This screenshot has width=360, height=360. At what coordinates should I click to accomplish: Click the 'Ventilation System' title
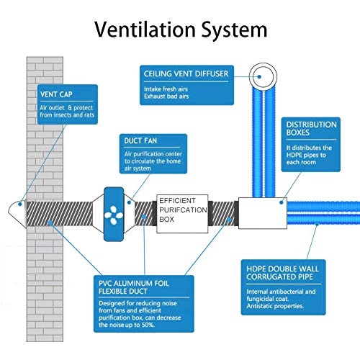coord(181,30)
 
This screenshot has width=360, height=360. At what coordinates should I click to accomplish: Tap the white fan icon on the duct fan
coord(114,215)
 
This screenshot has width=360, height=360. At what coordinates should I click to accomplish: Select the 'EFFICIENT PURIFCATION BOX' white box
coord(182,214)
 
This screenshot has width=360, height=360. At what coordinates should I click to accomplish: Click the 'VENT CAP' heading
coord(56,94)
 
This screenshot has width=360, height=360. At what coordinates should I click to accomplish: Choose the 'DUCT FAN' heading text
coord(140,140)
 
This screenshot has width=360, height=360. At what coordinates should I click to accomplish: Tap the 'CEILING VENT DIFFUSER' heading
coord(186,73)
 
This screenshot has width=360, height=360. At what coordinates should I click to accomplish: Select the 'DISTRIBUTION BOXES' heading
coord(311,128)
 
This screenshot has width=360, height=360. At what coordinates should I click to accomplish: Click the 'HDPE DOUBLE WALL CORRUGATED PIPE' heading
coord(282,273)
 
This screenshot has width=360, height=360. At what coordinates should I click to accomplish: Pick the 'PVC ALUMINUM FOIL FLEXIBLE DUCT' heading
coord(134,287)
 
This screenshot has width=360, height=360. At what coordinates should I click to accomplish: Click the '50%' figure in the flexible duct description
coord(148,325)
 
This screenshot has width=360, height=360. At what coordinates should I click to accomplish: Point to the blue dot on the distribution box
coord(282,202)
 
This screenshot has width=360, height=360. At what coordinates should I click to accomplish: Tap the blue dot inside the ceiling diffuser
coord(259,77)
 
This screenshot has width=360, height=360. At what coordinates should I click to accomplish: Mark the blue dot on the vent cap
coord(20,204)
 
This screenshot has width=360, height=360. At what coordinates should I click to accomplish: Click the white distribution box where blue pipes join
coord(263,213)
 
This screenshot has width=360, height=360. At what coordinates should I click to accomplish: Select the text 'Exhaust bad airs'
coord(166,96)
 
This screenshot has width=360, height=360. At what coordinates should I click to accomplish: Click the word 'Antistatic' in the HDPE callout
coord(259,306)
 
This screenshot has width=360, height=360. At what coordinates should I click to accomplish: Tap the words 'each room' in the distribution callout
coord(301,162)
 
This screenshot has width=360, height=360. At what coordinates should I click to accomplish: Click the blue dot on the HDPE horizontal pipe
coord(317,224)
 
